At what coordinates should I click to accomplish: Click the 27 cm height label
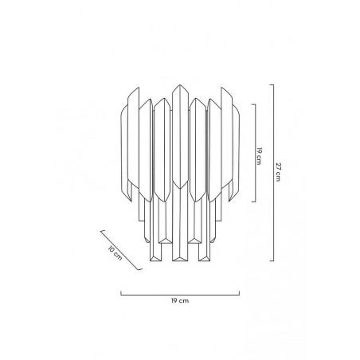coord(278,172)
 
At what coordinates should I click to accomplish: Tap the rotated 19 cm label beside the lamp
coord(259,156)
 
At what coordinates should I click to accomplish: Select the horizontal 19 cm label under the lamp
coord(180,301)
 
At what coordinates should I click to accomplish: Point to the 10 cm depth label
coord(115,253)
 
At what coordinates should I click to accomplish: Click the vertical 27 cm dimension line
coord(273,173)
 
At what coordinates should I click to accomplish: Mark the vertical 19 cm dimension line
coord(256,153)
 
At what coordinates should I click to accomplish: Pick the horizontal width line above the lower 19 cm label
coord(180,295)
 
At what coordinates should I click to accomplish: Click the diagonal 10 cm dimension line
coord(121,250)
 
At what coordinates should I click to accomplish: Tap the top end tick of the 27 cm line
coord(272,84)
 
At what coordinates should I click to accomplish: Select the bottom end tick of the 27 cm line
coord(272,261)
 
